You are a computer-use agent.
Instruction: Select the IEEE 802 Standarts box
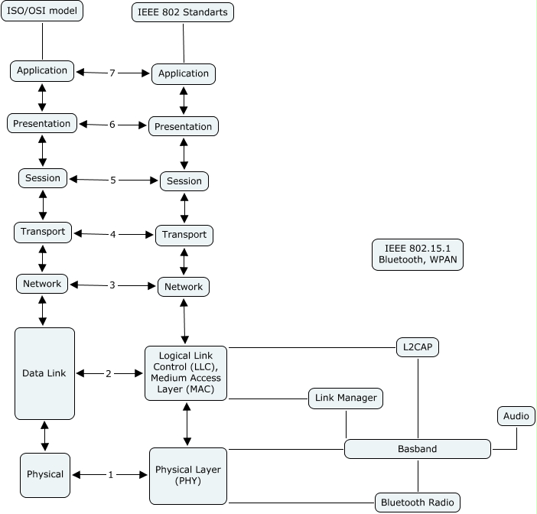pos(183,12)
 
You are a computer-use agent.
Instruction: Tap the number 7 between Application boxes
pos(112,73)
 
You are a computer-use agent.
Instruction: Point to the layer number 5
pos(113,181)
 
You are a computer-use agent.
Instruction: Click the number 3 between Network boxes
pos(112,285)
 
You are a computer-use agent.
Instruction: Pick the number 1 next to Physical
pos(110,475)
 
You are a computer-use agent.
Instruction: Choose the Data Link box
pos(44,373)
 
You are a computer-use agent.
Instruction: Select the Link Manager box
pos(345,398)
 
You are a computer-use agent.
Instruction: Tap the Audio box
pos(516,416)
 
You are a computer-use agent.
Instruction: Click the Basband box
pos(417,449)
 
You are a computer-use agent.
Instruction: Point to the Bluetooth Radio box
pos(418,503)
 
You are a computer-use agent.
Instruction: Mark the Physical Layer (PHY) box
pos(187,475)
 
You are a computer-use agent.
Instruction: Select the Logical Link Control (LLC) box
pos(186,372)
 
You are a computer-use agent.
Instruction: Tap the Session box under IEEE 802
pos(184,181)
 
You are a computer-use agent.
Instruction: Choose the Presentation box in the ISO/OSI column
pos(42,123)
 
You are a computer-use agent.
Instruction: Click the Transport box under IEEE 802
pos(184,235)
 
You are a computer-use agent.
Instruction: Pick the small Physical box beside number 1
pos(45,474)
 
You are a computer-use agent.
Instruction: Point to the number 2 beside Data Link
pos(109,373)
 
